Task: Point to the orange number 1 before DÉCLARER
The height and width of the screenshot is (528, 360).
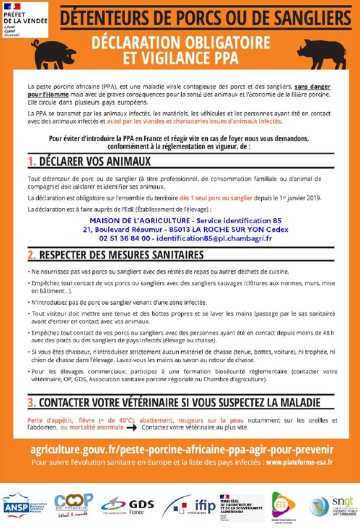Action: coord(31,162)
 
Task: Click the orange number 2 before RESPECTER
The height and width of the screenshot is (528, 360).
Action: coord(31,255)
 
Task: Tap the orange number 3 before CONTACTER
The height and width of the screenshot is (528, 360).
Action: coord(31,402)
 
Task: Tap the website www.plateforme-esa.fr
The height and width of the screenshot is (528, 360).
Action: coord(300,461)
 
